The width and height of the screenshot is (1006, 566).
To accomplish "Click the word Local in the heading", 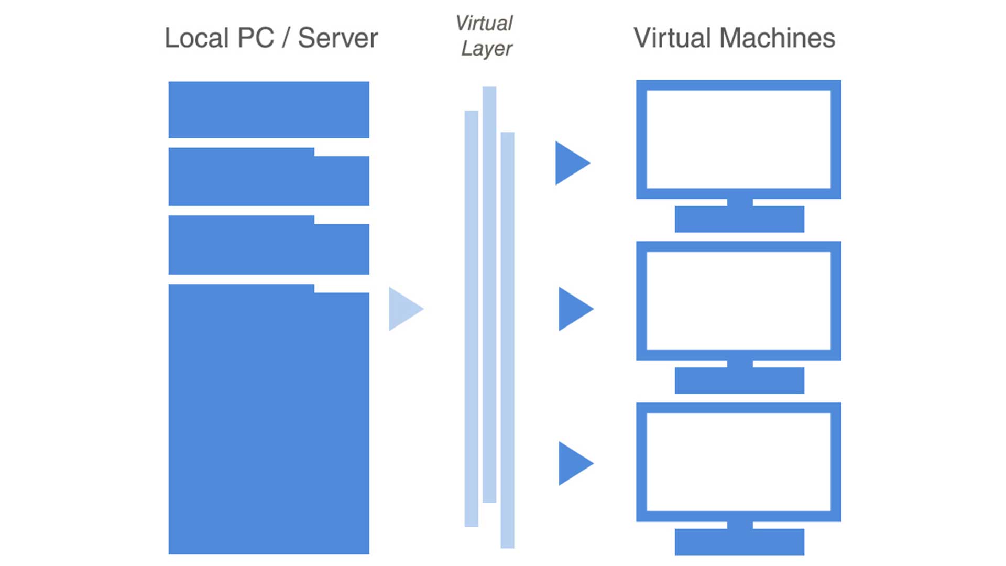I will click(x=196, y=38).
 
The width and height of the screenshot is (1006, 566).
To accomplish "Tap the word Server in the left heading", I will click(x=337, y=38).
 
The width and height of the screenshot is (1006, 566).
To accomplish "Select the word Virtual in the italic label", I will click(x=484, y=23).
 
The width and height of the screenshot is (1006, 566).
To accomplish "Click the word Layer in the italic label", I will click(x=486, y=49).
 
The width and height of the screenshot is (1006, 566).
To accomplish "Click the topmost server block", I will click(x=268, y=110).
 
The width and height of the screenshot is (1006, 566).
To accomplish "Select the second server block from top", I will click(x=268, y=178).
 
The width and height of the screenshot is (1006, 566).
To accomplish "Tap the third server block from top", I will click(x=268, y=246).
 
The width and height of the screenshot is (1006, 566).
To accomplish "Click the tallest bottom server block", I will click(x=268, y=419).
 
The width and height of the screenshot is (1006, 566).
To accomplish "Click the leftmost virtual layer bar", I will click(x=471, y=319).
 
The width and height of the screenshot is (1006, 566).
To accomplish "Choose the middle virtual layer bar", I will click(x=489, y=295).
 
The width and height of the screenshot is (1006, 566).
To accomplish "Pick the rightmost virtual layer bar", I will click(x=507, y=340).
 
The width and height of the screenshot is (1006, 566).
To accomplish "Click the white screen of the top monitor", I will click(x=738, y=139).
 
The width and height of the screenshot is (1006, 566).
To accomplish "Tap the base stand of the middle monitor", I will click(x=739, y=380).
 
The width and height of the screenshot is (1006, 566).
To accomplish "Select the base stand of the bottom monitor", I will click(x=739, y=542).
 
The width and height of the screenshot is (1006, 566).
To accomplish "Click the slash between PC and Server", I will click(x=286, y=38).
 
